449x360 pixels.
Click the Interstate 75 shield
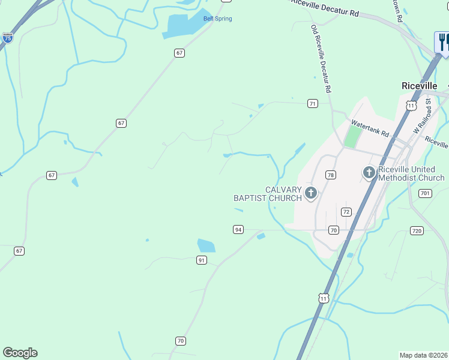7,37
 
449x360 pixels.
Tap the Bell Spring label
217,19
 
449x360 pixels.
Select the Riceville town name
419,86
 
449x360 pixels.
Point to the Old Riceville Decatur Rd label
321,59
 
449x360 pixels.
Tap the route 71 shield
312,104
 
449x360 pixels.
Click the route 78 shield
330,175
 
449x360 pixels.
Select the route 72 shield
346,212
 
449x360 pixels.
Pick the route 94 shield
238,230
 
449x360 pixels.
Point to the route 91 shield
202,260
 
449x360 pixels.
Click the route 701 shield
425,193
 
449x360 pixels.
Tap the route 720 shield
417,230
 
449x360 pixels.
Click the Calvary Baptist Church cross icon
310,193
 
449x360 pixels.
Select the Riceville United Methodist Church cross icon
369,173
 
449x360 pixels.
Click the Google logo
20,353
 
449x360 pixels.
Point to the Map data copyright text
424,355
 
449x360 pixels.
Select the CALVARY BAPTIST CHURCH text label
267,194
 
